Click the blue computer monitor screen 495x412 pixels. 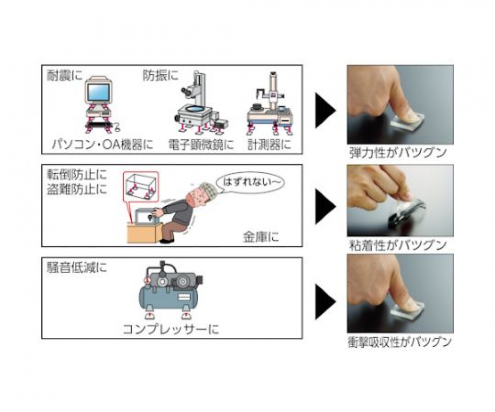pos(99,92)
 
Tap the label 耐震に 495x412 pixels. pos(64,76)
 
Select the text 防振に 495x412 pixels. pos(160,75)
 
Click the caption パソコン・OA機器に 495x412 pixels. pos(102,144)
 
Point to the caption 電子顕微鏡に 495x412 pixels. pos(201,145)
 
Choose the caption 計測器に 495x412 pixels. pos(269,145)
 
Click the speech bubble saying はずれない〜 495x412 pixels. pos(249,183)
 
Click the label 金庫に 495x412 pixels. pos(261,237)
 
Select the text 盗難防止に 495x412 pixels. pos(77,189)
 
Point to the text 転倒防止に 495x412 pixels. pos(77,175)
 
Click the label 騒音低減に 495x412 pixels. pos(77,268)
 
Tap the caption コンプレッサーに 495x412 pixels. pos(170,330)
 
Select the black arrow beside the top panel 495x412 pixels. pos(325,110)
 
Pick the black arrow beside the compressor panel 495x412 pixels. pos(325,302)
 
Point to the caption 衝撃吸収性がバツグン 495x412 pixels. pos(399,342)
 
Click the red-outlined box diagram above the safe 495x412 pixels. pos(140,186)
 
